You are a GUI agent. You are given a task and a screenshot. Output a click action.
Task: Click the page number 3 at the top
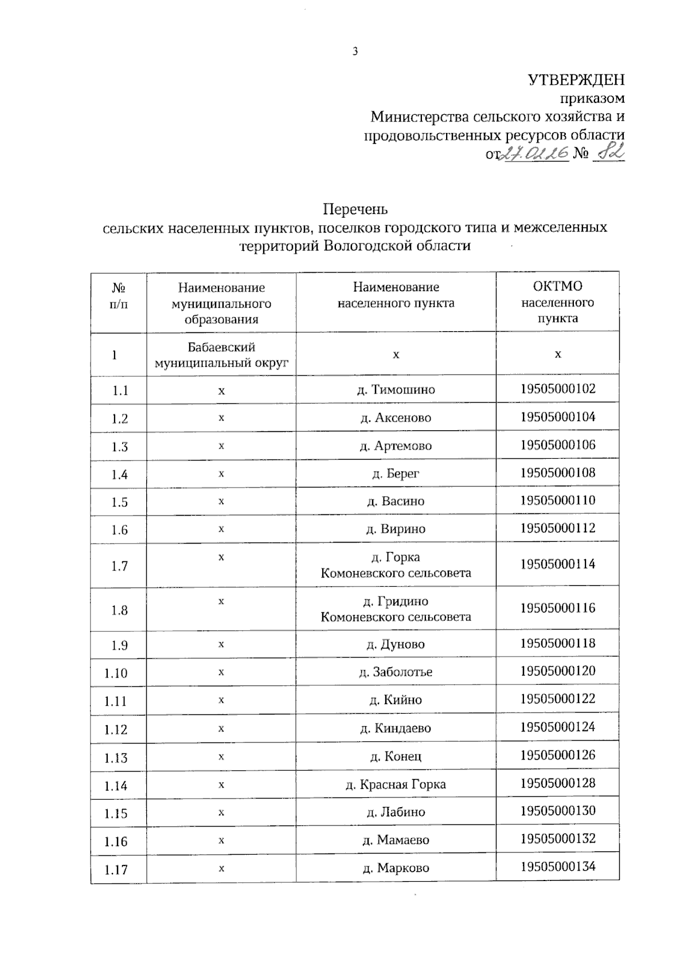pos(355,52)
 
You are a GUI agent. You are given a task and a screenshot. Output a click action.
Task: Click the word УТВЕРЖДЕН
pos(576,80)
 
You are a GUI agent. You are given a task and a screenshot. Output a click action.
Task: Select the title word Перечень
pos(355,209)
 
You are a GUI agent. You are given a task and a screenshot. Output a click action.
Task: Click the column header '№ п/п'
pos(119,296)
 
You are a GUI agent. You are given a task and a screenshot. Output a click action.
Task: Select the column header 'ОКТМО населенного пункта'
pos(557,302)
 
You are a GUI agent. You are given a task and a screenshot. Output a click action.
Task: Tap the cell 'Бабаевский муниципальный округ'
pos(221,355)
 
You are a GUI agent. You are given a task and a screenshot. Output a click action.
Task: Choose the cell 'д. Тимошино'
pos(396,390)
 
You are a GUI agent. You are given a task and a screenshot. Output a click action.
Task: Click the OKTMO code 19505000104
pos(557,417)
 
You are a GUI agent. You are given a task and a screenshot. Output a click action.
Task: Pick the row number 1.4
pos(119,474)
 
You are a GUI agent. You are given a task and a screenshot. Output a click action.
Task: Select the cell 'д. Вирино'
pos(396,529)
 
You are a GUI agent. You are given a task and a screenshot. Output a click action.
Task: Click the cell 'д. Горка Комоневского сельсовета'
pos(396,565)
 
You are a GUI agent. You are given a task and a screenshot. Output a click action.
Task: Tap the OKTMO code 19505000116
pos(557,608)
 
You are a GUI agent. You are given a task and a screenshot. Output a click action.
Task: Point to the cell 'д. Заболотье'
pos(396,672)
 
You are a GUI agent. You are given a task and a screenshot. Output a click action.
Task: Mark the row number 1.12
pos(116,729)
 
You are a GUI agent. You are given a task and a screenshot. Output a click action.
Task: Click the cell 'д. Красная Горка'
pos(396,784)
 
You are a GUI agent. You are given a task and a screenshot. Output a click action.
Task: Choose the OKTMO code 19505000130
pos(557,811)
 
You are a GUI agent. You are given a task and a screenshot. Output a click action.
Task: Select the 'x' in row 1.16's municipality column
pos(221,840)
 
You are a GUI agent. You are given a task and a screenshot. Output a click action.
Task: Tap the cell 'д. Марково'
pos(396,868)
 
